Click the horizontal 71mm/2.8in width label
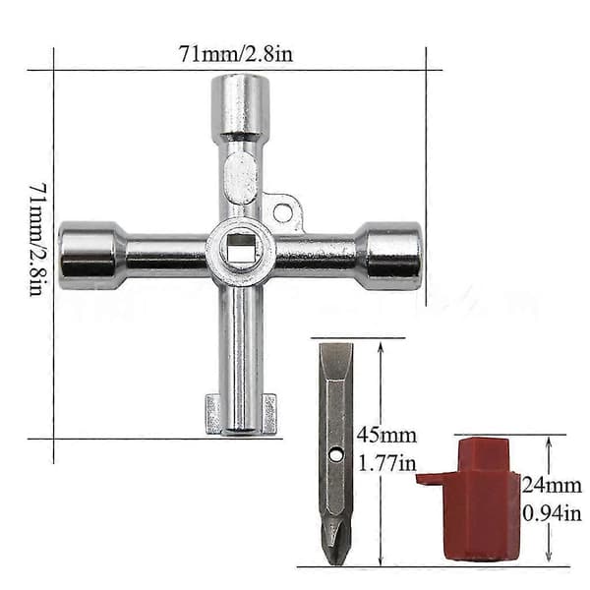point(236,54)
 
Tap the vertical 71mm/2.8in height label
point(38,239)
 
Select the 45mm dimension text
point(386,436)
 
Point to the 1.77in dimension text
point(386,463)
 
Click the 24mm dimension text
point(552,486)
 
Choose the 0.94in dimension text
point(552,513)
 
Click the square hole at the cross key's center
point(242,248)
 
